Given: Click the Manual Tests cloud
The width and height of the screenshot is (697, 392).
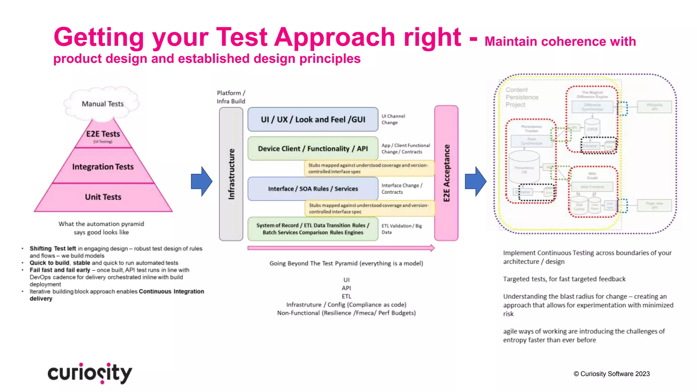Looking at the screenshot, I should (x=102, y=104).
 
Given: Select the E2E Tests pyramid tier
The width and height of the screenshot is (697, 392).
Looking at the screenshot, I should (x=103, y=135).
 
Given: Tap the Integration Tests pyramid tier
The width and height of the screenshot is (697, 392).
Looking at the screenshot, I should (x=103, y=167).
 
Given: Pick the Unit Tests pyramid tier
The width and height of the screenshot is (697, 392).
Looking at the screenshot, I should (x=103, y=197).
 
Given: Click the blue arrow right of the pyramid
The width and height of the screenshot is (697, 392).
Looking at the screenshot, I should (x=201, y=181).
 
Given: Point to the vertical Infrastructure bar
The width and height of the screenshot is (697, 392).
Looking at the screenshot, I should (x=231, y=174).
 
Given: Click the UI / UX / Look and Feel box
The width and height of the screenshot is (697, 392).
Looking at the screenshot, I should (x=313, y=119).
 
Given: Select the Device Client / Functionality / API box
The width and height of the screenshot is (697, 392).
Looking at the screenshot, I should (x=313, y=148).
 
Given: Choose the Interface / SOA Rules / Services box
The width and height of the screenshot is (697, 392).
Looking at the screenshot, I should (x=313, y=189).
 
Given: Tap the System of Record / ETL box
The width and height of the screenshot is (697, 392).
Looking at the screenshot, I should (x=313, y=229).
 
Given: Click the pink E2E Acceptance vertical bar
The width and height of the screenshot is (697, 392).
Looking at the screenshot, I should (x=446, y=173).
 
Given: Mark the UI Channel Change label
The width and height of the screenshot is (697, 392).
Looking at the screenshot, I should (x=393, y=119).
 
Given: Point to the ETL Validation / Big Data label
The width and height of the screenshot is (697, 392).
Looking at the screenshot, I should (x=401, y=229).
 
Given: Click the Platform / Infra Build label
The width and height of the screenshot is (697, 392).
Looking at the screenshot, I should (x=231, y=97).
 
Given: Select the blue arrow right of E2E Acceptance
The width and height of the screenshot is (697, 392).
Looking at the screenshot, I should (x=475, y=181).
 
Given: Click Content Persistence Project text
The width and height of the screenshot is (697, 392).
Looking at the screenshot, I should (x=521, y=97).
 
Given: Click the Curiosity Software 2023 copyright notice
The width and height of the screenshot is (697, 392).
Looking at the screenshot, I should (x=612, y=374).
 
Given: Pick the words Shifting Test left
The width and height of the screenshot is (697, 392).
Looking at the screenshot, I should (x=53, y=248).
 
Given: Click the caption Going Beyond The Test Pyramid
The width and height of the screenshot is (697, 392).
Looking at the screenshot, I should (x=346, y=263).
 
